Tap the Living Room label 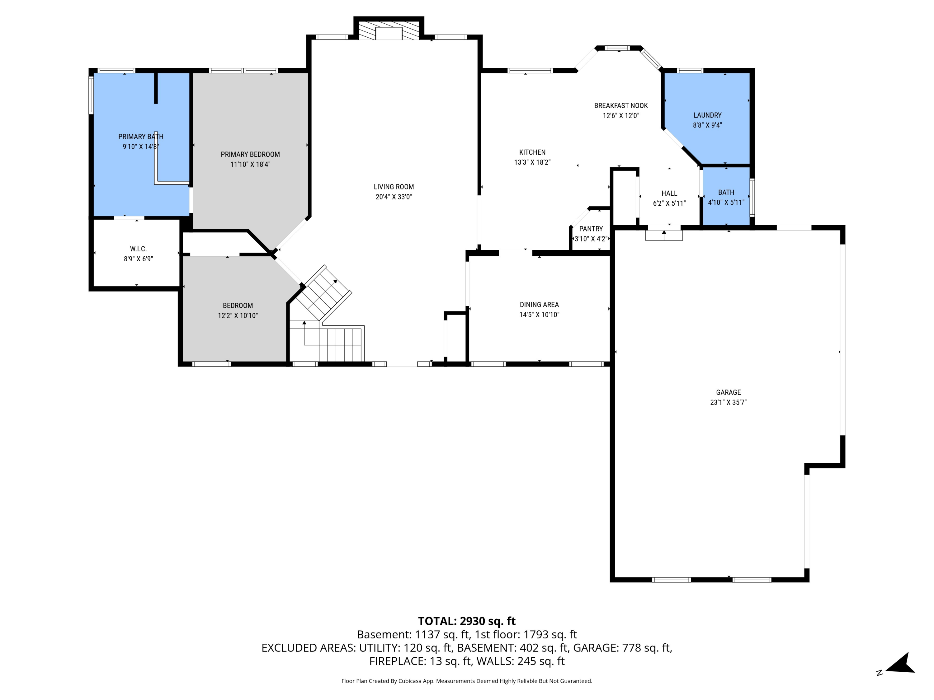pyautogui.click(x=394, y=186)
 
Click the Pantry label pyautogui.click(x=591, y=229)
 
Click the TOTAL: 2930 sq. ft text pyautogui.click(x=467, y=621)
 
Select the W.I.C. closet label pyautogui.click(x=138, y=249)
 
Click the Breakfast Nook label pyautogui.click(x=621, y=105)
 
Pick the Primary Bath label pyautogui.click(x=141, y=137)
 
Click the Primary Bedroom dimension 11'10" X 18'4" pyautogui.click(x=250, y=165)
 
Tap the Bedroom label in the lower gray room pyautogui.click(x=238, y=306)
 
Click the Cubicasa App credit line pyautogui.click(x=467, y=681)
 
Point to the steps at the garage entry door pyautogui.click(x=664, y=236)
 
